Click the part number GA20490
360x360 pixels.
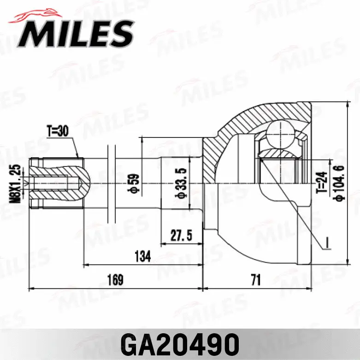coord(180,343)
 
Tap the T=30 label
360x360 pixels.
coord(58,131)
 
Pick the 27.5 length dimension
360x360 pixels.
coord(181,235)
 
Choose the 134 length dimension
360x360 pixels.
coord(143,256)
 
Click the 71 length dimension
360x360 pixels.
coord(256,280)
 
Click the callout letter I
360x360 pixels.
coord(325,241)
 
